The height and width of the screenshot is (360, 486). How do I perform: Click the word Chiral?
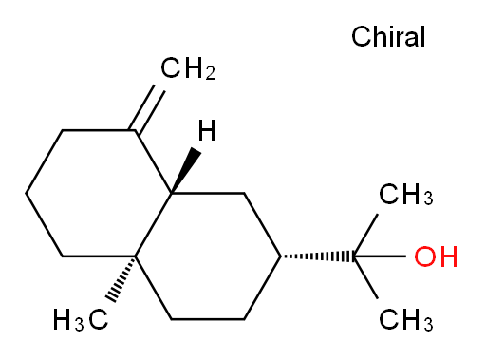click(388, 36)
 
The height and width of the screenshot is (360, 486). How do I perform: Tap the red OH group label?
click(436, 256)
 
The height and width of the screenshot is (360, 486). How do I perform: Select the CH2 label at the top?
click(188, 68)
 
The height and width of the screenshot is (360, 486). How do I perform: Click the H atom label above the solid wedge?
click(207, 130)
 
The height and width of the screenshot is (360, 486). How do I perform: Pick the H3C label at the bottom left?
click(81, 320)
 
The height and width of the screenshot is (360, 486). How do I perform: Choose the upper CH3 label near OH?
click(406, 194)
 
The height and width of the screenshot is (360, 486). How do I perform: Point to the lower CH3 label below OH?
click(406, 320)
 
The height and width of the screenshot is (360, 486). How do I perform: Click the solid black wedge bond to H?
click(187, 170)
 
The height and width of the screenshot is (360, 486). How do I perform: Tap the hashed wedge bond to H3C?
click(121, 277)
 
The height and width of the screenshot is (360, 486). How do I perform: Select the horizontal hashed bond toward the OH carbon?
click(317, 256)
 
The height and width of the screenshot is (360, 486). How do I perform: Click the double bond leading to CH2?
click(146, 108)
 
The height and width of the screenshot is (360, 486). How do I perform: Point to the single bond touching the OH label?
click(380, 256)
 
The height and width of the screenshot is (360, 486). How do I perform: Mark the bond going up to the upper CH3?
click(365, 236)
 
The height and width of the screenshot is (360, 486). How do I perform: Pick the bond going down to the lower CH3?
click(365, 277)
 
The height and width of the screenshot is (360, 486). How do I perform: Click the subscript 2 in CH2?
click(210, 73)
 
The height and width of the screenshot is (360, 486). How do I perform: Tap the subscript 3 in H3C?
click(80, 325)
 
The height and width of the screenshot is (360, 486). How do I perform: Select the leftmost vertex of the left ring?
click(26, 193)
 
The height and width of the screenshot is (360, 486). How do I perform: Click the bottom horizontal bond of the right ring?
click(208, 319)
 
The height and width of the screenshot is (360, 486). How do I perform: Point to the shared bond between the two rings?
click(154, 224)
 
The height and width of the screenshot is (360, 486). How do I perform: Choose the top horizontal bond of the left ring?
click(99, 130)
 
